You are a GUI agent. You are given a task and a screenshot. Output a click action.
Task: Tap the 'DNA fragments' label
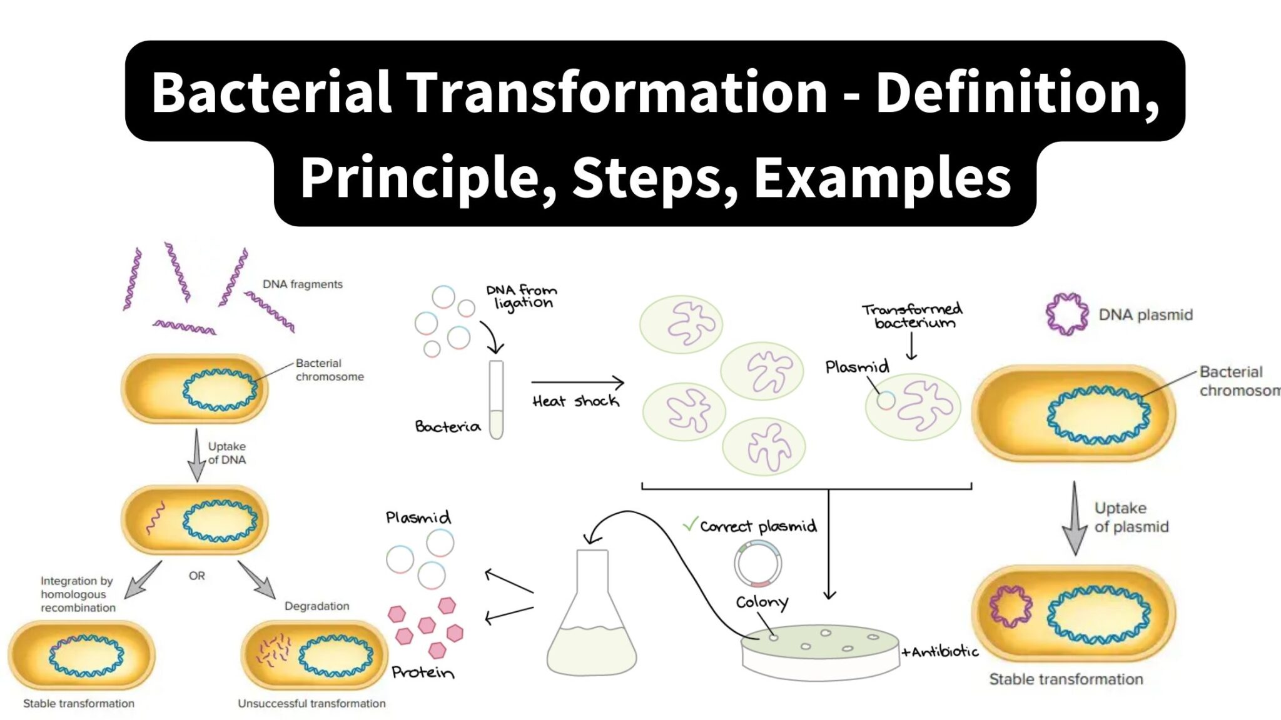click(x=302, y=284)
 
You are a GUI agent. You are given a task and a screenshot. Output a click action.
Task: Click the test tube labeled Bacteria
click(x=496, y=399)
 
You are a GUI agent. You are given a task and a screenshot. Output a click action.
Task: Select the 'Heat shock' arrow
click(x=577, y=382)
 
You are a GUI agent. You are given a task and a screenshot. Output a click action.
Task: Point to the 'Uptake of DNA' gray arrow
click(x=196, y=454)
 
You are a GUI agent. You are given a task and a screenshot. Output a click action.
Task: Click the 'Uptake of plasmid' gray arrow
click(x=1075, y=519)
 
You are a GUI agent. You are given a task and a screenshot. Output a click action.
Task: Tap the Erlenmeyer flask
click(x=591, y=619)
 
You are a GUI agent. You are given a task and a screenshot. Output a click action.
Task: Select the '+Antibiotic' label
click(x=939, y=652)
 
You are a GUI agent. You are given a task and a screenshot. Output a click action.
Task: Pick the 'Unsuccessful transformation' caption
click(x=311, y=704)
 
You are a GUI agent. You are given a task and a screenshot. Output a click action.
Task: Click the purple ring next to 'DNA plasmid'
click(x=1067, y=314)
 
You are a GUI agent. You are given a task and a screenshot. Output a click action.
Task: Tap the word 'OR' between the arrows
click(x=196, y=576)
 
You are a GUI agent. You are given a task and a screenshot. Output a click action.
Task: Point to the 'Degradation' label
click(x=316, y=606)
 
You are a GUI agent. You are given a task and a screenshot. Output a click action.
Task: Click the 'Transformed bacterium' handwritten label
click(x=913, y=316)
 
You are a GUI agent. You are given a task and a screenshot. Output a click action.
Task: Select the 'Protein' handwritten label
click(x=423, y=672)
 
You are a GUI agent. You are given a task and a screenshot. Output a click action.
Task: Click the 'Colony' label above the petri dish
click(x=761, y=602)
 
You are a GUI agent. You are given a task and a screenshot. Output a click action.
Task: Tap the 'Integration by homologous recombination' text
click(x=78, y=594)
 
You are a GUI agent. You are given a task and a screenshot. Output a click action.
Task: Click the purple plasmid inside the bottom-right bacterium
click(x=1011, y=606)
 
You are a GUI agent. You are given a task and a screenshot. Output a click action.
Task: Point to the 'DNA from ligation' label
click(x=522, y=296)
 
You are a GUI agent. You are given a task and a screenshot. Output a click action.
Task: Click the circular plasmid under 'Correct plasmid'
click(x=757, y=564)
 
